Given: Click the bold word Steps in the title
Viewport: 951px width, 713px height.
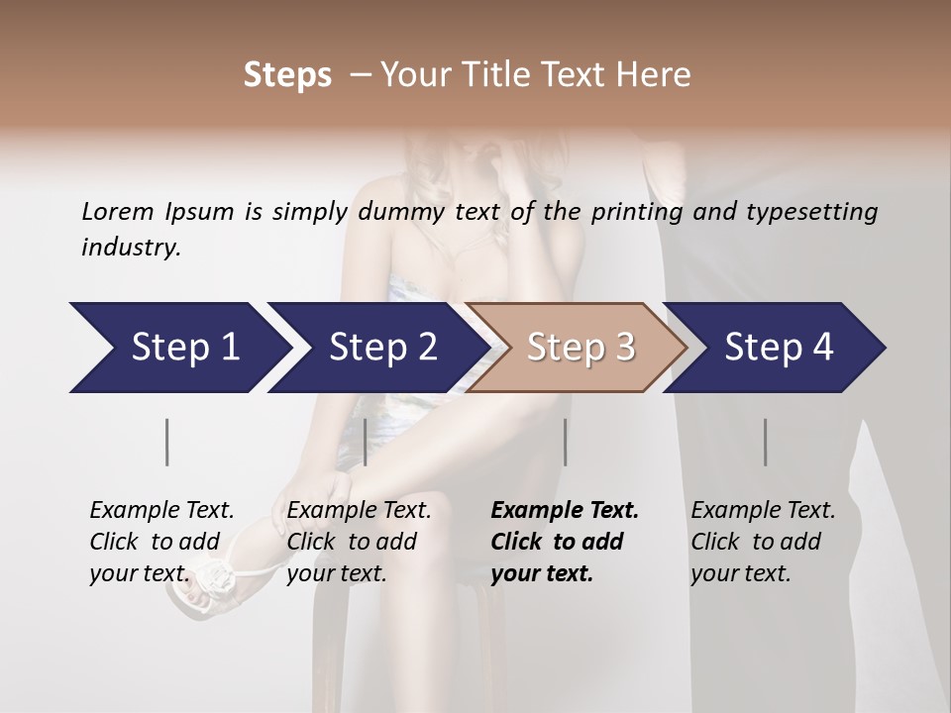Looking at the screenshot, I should tap(287, 75).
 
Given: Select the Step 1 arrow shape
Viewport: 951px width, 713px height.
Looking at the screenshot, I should tap(178, 348).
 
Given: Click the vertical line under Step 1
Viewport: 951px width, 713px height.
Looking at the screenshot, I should tap(167, 442).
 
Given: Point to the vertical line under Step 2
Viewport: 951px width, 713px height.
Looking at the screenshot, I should tap(366, 442).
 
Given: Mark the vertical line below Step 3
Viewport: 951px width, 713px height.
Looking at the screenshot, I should tap(565, 442).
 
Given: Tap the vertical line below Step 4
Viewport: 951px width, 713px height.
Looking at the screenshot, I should tap(765, 442).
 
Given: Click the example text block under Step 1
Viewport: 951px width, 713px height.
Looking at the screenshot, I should tap(161, 542).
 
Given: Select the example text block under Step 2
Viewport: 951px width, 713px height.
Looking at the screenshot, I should tap(359, 542).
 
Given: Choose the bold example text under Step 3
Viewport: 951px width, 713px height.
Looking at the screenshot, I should tap(565, 542).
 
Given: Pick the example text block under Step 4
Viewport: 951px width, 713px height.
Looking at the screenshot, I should tap(763, 542).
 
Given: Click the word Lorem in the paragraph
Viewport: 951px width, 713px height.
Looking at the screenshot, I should tap(117, 211).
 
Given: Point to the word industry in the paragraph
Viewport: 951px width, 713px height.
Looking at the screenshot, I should tap(131, 248).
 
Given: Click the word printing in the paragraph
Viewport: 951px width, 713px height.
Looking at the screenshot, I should tap(636, 211).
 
